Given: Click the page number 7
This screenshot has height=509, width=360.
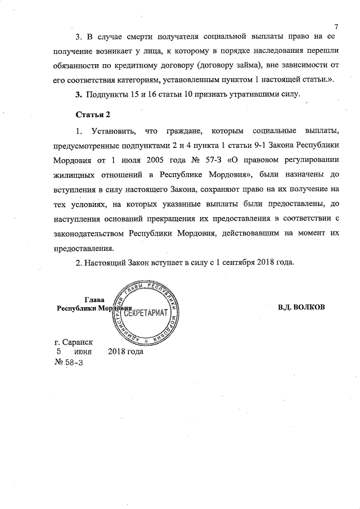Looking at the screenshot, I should pyautogui.click(x=335, y=26).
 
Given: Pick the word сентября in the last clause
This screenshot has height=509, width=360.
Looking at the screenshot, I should pyautogui.click(x=235, y=263).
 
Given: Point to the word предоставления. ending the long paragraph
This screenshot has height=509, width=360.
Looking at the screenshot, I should pyautogui.click(x=85, y=247).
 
